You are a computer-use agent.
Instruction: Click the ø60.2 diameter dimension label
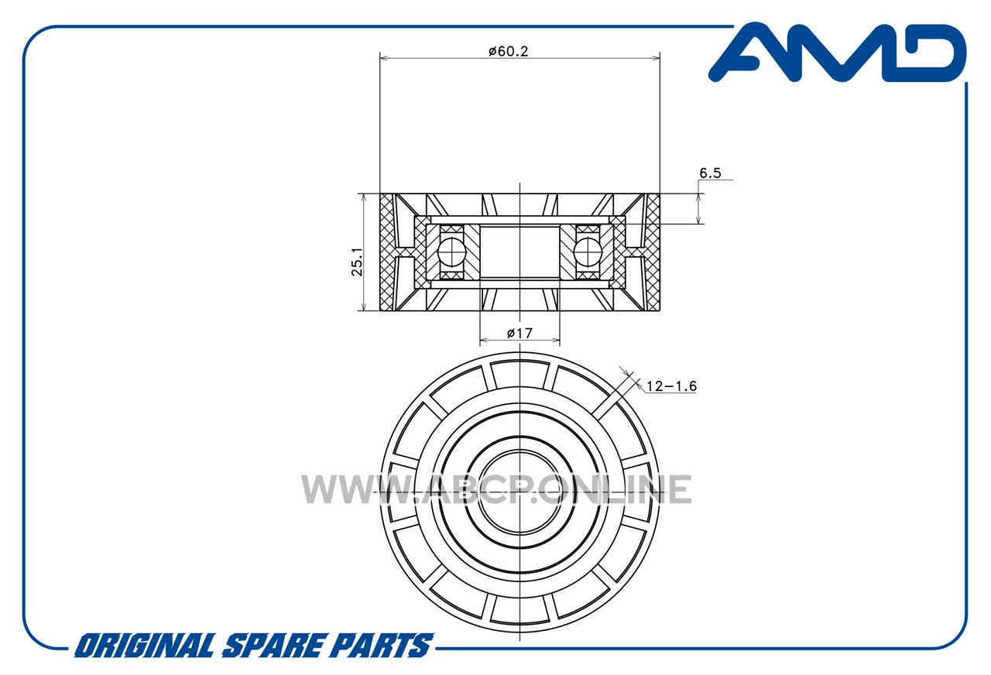pos(509,51)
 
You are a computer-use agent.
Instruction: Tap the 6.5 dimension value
pos(710,173)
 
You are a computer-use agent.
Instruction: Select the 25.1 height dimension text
pos(357,262)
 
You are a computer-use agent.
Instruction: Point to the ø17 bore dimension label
pos(520,333)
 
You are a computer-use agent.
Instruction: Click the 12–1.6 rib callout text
pos(671,386)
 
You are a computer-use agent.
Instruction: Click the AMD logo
pos(837,53)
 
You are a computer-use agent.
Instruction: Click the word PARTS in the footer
pos(382,646)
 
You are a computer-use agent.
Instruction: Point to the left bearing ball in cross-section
pos(451,252)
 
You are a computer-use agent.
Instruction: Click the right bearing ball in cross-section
pos(588,252)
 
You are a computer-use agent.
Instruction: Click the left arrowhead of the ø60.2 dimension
pos(384,58)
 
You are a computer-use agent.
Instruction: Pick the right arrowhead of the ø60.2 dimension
pos(656,58)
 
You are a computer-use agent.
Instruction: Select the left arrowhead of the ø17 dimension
pos(484,340)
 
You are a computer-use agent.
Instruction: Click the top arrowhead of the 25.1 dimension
pos(364,197)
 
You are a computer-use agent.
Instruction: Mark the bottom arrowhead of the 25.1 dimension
pos(364,306)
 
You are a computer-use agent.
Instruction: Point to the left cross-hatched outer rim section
pos(386,252)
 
